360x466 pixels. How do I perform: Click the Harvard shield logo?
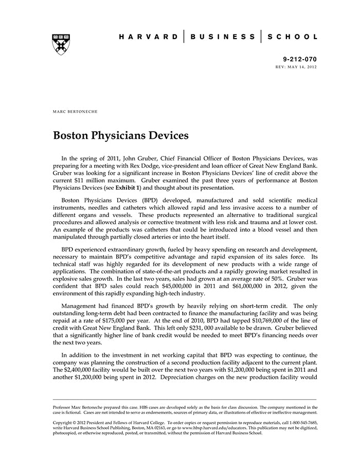61,44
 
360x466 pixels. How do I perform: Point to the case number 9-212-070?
300,59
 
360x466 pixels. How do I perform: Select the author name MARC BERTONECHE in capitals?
75,111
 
